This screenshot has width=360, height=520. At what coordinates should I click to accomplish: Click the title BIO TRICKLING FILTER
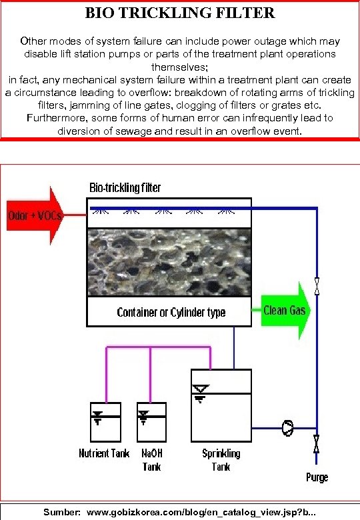pos(180,13)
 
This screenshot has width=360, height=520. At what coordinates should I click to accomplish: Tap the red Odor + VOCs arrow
pos(34,216)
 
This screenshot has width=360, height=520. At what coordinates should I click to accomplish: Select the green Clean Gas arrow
pos(285,311)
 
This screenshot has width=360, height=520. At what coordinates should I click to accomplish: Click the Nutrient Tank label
pos(103,453)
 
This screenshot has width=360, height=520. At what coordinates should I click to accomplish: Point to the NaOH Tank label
pos(152,459)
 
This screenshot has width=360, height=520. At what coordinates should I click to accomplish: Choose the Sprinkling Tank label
pos(221,459)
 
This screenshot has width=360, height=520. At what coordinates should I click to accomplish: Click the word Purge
pos(317,477)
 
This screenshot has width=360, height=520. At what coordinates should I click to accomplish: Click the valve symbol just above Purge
pos(317,443)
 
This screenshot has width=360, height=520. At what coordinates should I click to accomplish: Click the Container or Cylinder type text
pos(171,312)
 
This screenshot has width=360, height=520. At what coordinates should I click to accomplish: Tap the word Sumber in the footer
pos(62,513)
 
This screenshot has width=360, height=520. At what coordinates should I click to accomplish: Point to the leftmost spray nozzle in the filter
pos(102,213)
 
